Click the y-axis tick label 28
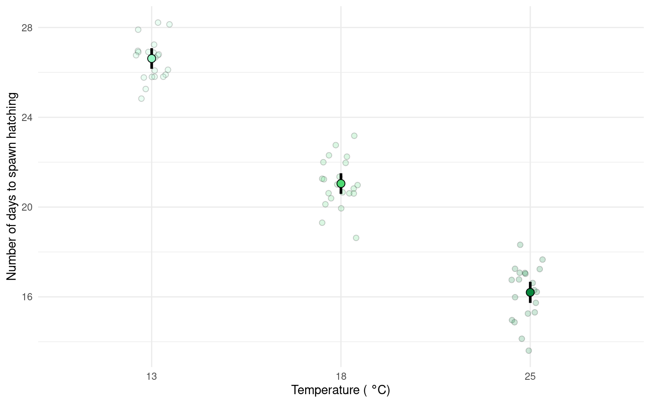tap(27, 28)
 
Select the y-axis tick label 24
tap(27, 118)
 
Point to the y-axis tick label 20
tap(27, 207)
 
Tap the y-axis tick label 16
tap(27, 297)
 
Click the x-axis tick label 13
tap(151, 376)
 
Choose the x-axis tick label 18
tap(341, 376)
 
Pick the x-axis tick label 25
tap(530, 376)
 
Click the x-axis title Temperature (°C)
tap(341, 390)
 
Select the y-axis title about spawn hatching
tap(12, 186)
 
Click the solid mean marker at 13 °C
tap(151, 58)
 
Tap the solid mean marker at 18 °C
tap(341, 184)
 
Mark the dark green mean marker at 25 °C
tap(530, 292)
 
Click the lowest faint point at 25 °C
tap(529, 351)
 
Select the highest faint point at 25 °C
tap(520, 245)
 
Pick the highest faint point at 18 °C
tap(354, 136)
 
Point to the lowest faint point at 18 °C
tap(356, 238)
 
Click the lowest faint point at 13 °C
tap(141, 99)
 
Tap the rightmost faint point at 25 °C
tap(543, 260)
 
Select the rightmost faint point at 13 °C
tap(169, 25)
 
